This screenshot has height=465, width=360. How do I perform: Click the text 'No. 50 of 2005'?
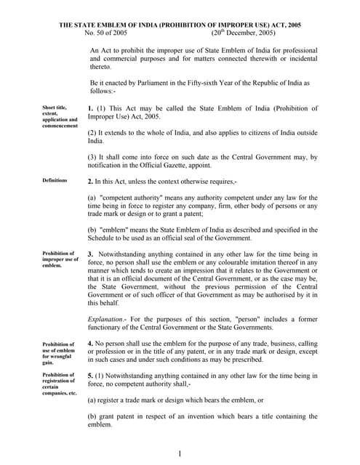click(106, 33)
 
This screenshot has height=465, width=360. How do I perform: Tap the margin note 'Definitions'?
click(55, 180)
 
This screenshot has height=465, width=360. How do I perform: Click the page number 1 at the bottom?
click(180, 454)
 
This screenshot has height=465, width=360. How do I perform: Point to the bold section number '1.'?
click(91, 108)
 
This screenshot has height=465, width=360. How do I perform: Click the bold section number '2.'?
click(91, 180)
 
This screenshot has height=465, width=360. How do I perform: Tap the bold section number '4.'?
click(91, 343)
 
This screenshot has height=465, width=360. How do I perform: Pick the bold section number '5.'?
click(91, 376)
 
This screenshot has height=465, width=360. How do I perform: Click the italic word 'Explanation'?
click(105, 320)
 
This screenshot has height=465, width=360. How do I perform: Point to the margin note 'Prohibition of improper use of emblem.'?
click(60, 259)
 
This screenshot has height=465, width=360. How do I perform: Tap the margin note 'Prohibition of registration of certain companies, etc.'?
click(60, 384)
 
